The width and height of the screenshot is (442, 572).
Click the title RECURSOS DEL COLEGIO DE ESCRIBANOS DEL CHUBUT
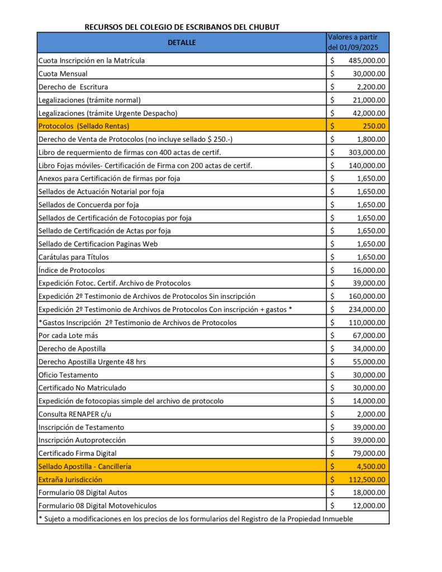click(x=182, y=27)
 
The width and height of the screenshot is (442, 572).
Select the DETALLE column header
click(x=182, y=42)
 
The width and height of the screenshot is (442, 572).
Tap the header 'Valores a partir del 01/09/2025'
click(x=358, y=42)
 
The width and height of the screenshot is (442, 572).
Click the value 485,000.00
click(x=366, y=60)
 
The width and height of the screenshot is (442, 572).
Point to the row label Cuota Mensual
click(x=63, y=73)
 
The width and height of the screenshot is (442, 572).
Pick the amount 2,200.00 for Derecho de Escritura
click(x=370, y=87)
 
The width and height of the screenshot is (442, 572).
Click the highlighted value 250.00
click(x=374, y=126)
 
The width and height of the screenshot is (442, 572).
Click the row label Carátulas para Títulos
click(x=73, y=257)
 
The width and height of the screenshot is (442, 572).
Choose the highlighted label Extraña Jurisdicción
click(x=70, y=479)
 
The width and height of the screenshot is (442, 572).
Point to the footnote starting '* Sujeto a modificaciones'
click(x=196, y=518)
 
